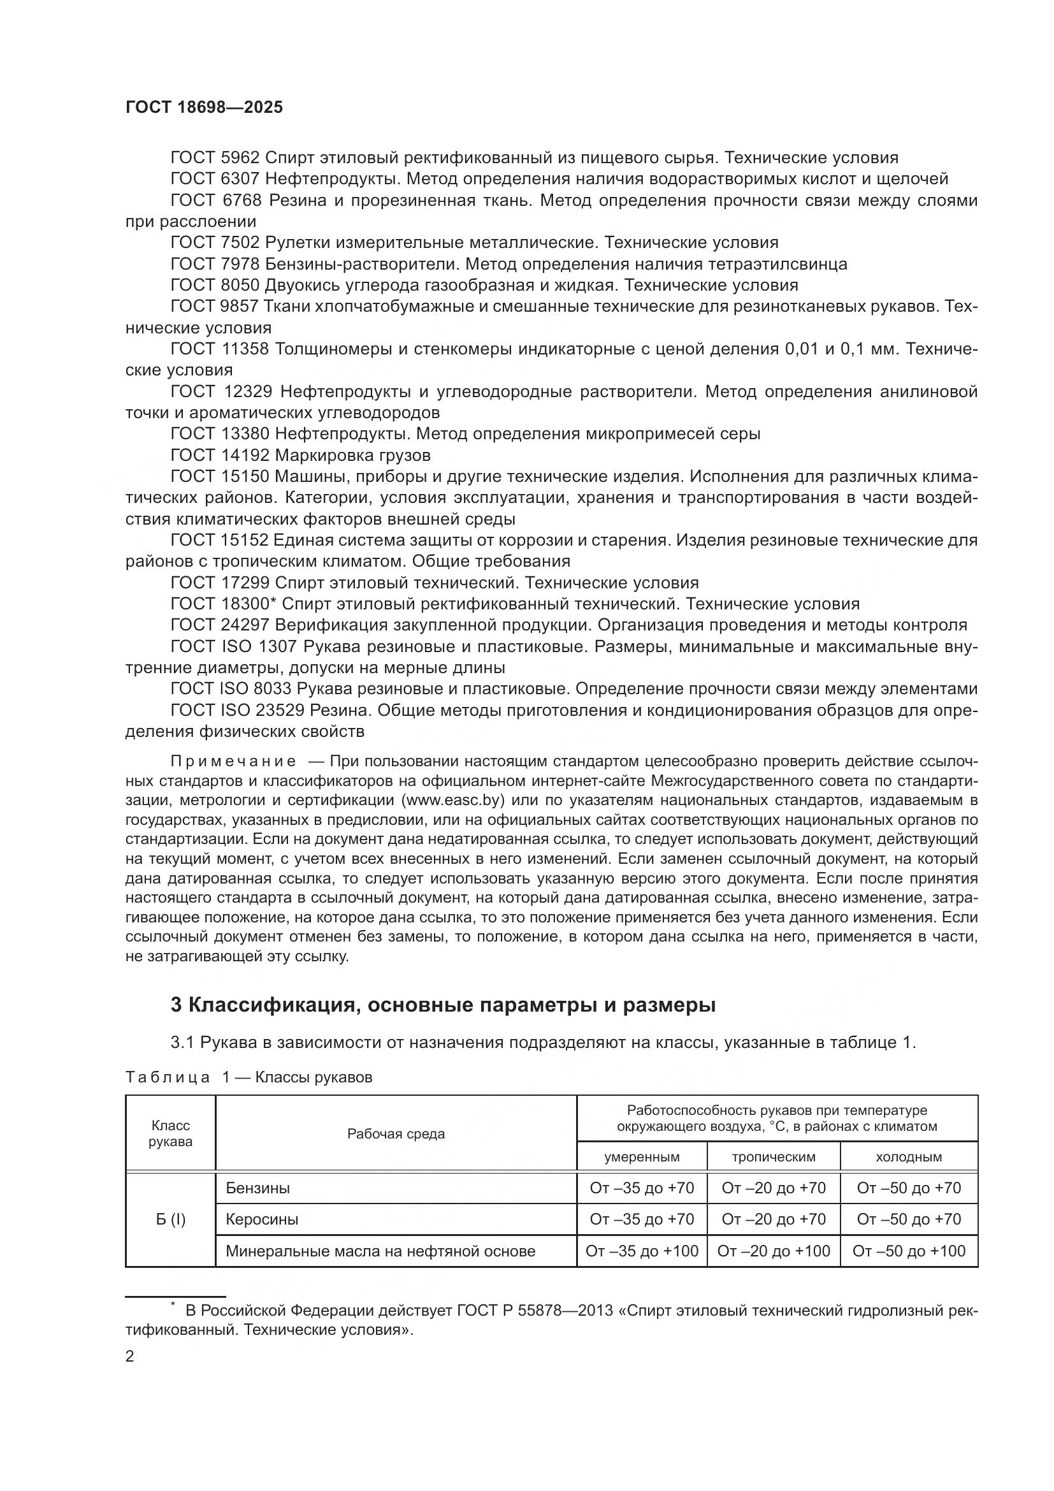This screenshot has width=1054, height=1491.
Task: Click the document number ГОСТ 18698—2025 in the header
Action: click(204, 108)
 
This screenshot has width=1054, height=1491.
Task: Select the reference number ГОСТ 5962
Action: click(215, 158)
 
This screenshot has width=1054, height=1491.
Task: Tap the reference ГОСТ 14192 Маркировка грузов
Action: click(301, 455)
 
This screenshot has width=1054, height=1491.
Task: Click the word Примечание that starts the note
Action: click(233, 761)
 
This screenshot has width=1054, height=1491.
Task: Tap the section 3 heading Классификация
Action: click(442, 1005)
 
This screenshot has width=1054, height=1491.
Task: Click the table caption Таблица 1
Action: click(174, 1077)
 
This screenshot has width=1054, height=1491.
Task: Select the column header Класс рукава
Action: click(170, 1133)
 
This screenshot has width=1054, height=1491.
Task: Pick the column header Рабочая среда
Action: click(396, 1134)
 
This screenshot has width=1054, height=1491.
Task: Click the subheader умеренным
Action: click(641, 1156)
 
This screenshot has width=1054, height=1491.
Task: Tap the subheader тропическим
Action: click(773, 1156)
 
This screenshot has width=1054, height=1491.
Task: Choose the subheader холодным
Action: click(908, 1156)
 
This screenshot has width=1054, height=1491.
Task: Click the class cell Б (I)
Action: click(170, 1219)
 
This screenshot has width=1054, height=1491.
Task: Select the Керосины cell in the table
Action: click(261, 1219)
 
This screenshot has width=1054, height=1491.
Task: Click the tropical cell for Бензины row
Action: click(773, 1188)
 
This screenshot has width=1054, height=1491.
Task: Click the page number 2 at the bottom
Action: click(130, 1356)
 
